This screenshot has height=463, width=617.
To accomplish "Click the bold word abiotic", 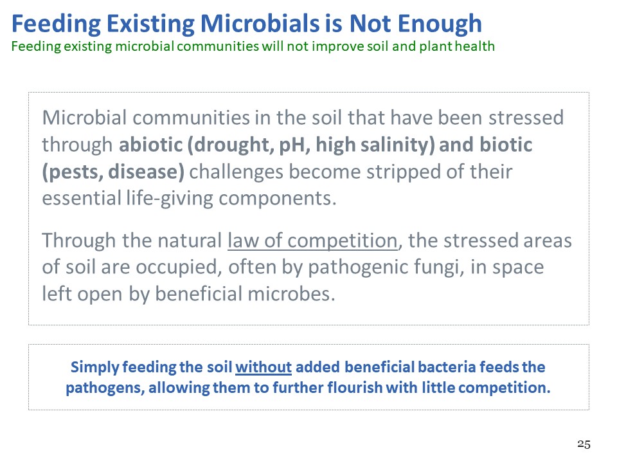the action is tap(150, 145).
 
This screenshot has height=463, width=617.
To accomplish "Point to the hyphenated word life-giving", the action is tap(170, 199).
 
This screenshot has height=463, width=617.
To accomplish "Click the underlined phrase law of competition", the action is tap(313, 241).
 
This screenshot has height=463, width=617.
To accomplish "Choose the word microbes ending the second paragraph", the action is tap(292, 294).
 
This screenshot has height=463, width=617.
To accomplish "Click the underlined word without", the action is tap(264, 367).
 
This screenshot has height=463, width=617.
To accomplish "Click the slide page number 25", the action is tap(584, 444).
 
